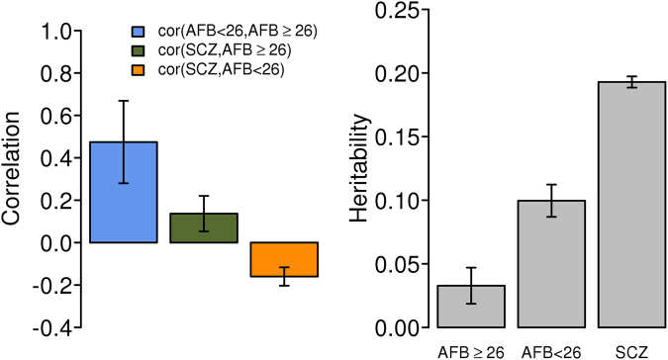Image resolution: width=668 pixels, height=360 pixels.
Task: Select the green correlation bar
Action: [x=203, y=227]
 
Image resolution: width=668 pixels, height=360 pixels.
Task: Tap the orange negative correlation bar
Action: [x=283, y=259]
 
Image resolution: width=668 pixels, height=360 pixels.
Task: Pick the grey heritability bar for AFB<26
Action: [x=551, y=263]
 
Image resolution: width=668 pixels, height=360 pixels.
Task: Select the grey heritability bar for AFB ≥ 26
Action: [x=471, y=306]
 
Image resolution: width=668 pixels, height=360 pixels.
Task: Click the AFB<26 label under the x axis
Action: [x=551, y=349]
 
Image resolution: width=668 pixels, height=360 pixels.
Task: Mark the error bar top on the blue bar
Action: [x=124, y=101]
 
